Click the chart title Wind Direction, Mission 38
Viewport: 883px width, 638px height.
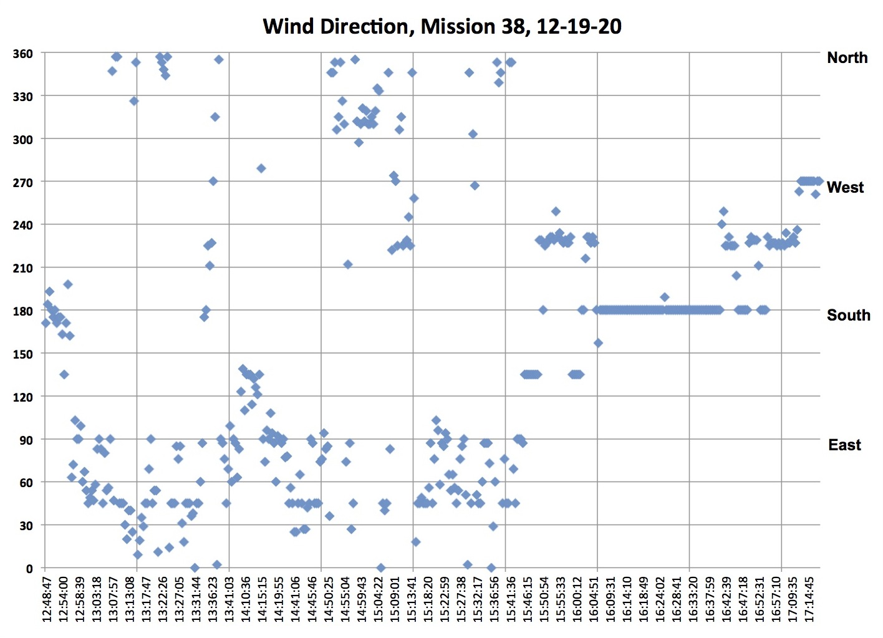(442, 26)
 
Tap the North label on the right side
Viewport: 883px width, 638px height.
(847, 58)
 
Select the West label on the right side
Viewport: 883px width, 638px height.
(845, 187)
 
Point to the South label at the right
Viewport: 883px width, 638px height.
(848, 315)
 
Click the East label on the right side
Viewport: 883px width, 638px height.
(844, 445)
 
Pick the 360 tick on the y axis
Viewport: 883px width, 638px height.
(22, 54)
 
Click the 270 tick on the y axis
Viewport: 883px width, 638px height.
(22, 182)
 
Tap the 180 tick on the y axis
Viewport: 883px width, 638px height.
(22, 311)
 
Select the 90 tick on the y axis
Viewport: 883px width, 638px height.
(25, 440)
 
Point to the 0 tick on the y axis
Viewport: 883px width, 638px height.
(29, 568)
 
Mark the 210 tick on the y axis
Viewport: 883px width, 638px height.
(22, 268)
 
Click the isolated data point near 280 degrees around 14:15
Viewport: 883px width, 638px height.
(261, 168)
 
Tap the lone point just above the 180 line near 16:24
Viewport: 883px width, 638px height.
(665, 297)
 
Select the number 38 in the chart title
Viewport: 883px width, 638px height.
(511, 26)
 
